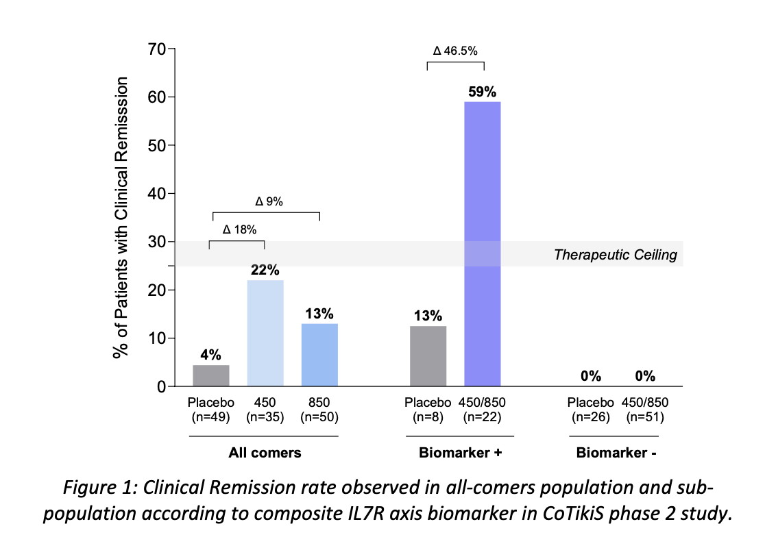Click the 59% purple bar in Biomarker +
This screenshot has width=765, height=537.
(482, 244)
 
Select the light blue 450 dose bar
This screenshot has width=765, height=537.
(265, 334)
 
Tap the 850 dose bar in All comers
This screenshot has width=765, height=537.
(319, 355)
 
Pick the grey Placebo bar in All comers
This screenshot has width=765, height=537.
(210, 376)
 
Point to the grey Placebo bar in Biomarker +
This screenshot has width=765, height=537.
(428, 356)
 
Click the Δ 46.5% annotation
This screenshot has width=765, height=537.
(455, 51)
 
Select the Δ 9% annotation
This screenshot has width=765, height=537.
(269, 201)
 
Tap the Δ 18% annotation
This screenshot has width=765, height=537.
(239, 229)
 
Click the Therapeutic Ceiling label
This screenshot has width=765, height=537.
(615, 255)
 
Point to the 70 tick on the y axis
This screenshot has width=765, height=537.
(156, 49)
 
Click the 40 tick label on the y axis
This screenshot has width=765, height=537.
(156, 193)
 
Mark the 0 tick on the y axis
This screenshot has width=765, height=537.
(162, 387)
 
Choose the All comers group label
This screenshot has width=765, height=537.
(265, 453)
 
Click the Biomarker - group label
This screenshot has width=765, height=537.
(616, 453)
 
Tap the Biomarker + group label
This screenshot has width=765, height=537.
(460, 453)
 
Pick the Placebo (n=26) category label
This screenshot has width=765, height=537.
(590, 410)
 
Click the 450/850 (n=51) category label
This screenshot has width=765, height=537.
(645, 410)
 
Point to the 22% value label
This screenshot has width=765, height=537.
(265, 270)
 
